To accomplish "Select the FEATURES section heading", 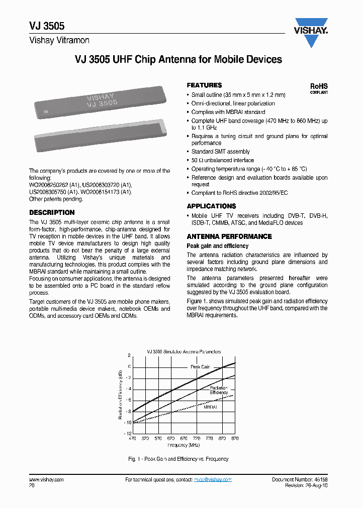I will point(204,85).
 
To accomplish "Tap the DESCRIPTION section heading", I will point(52,212).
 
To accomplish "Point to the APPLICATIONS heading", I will point(211,206).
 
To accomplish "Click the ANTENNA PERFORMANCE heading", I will point(229,236).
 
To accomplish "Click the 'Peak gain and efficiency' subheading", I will point(217,246).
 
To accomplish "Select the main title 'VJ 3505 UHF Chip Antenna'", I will point(178,60).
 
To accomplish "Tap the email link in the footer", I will point(213,480).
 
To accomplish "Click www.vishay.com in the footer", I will point(46,480).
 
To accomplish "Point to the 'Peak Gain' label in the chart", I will point(200,367).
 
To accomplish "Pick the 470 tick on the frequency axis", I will point(132,438).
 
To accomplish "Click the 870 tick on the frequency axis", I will point(235,438).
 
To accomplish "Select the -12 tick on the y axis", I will point(128,433).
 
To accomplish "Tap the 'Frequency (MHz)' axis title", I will point(184,445).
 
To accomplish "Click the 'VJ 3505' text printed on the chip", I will point(102,104).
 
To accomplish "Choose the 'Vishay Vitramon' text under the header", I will point(59,40).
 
